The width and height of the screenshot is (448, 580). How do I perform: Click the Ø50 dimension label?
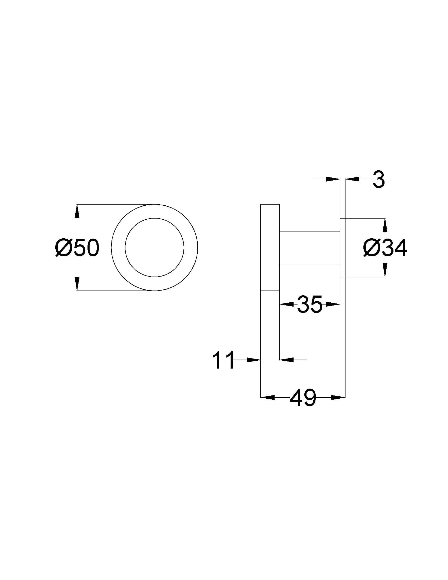tap(77, 248)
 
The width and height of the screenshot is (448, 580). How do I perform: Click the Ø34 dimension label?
tap(385, 248)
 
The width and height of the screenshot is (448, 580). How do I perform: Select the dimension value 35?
tap(309, 304)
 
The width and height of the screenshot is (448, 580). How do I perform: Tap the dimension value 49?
tap(303, 398)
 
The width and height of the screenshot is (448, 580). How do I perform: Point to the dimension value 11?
tap(223, 360)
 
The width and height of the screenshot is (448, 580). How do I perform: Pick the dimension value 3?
tap(379, 180)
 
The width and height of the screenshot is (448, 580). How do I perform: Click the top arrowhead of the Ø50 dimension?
tap(77, 211)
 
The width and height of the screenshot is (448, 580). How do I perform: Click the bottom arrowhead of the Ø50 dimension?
tap(77, 283)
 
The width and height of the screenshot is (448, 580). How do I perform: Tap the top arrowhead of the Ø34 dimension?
tap(385, 225)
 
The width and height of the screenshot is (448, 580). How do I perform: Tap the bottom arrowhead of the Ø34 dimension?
tap(385, 270)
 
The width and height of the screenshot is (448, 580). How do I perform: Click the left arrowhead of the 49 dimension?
tap(267, 398)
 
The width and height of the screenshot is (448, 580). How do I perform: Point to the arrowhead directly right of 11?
tap(254, 360)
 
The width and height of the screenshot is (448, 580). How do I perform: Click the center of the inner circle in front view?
tap(154, 248)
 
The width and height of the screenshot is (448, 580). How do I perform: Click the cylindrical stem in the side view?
tap(310, 248)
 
